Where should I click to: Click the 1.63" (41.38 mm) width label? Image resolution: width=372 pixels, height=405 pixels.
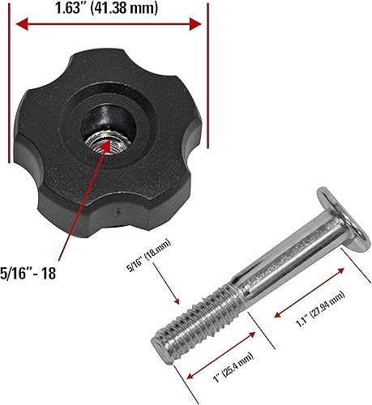108,10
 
